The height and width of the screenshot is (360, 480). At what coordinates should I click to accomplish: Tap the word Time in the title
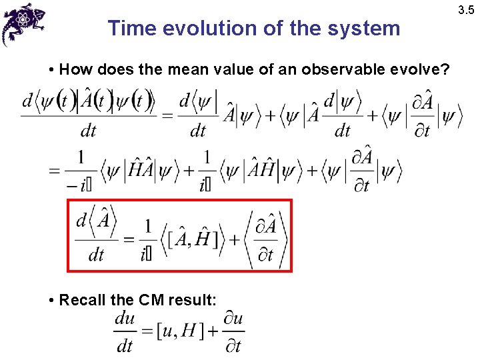click(x=130, y=28)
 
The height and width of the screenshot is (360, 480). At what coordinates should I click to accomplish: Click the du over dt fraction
click(x=125, y=331)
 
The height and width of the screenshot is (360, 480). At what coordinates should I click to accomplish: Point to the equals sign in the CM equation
click(x=146, y=332)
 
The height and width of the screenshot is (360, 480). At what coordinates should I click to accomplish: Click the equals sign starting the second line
click(x=55, y=171)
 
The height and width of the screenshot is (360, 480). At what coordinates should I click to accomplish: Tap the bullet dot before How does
click(x=52, y=70)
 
